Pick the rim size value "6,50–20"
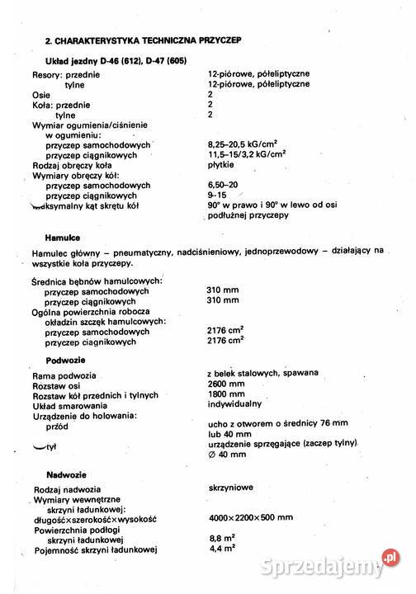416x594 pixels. pyautogui.click(x=225, y=185)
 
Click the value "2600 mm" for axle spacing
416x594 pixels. pyautogui.click(x=226, y=384)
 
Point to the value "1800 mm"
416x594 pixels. pyautogui.click(x=226, y=394)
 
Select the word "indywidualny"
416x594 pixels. pyautogui.click(x=234, y=404)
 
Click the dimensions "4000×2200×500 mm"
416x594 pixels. pyautogui.click(x=251, y=518)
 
